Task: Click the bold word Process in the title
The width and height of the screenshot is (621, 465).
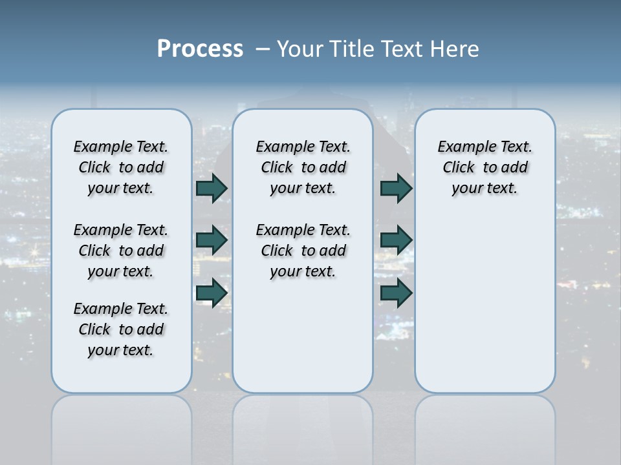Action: pos(200,49)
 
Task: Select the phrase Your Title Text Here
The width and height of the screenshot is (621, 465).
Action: pos(378,49)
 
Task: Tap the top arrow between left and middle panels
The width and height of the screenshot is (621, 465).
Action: pos(212,188)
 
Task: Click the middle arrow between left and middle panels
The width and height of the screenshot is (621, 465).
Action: pos(212,240)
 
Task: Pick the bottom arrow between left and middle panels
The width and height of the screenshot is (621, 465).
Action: pos(212,293)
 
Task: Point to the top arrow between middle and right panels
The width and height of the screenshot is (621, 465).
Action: pos(396,188)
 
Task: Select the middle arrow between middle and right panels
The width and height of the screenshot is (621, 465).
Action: pos(396,240)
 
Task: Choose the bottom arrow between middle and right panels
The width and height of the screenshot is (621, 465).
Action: pos(396,293)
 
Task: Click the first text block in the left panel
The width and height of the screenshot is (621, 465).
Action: pos(121,167)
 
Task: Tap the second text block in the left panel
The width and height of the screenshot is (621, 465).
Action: pos(121,251)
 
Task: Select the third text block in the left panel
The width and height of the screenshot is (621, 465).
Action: pos(121,329)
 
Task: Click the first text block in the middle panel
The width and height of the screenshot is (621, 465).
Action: pos(303,167)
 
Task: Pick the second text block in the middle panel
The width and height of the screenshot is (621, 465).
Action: pos(303,251)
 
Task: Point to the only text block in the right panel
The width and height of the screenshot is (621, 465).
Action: pos(485,167)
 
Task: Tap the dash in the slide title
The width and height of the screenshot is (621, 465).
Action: pos(263,49)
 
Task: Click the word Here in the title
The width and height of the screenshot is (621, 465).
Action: pos(457,49)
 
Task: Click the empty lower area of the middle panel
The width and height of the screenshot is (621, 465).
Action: pos(303,336)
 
